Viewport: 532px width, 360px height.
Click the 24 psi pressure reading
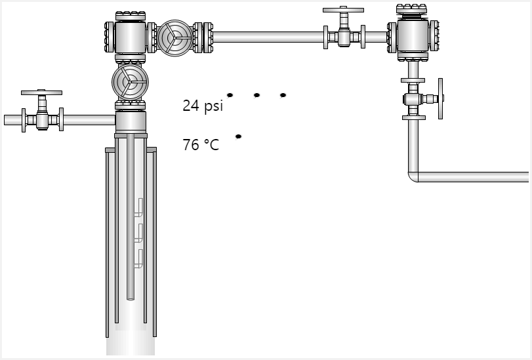203,106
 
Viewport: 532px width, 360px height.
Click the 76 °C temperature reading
201,145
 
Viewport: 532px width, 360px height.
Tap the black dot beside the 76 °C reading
238,136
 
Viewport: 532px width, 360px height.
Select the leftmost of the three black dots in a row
230,95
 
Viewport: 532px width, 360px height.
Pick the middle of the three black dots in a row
256,95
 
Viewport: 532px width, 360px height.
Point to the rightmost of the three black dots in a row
283,95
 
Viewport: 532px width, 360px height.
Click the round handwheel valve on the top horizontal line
174,38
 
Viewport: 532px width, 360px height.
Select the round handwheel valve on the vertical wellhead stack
130,82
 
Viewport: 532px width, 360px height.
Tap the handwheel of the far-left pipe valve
41,92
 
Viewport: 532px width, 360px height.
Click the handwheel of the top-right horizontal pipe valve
343,10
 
